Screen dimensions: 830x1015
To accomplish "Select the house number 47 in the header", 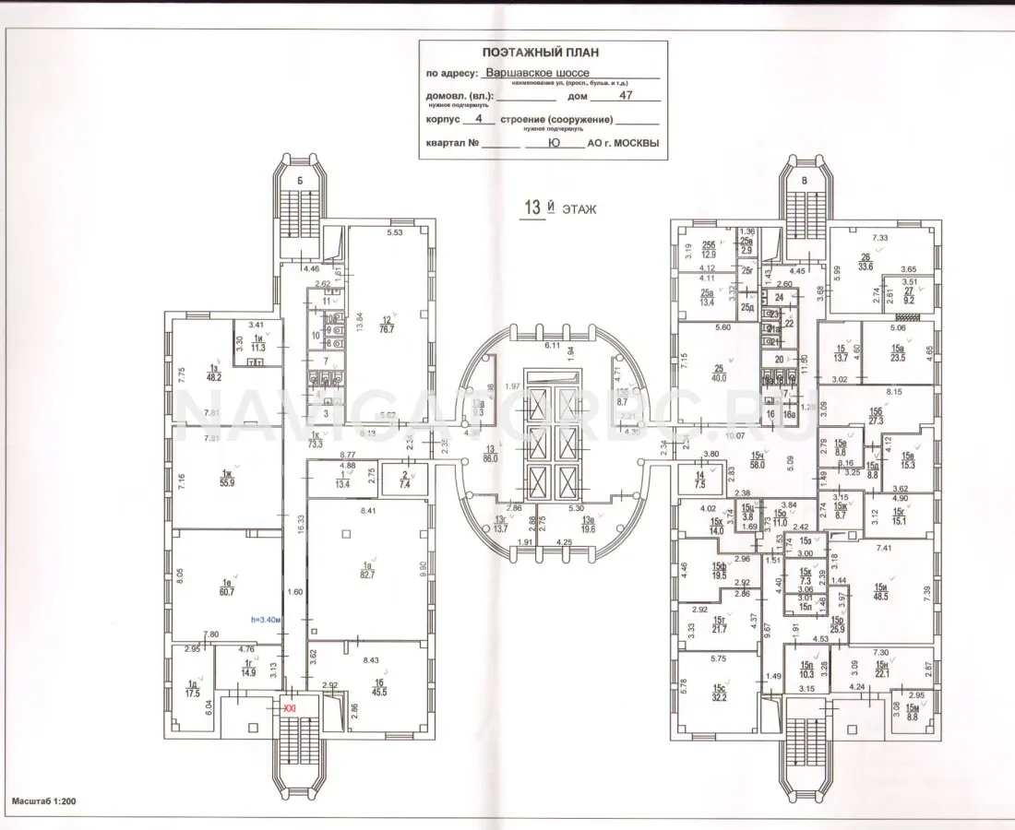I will pyautogui.click(x=624, y=94).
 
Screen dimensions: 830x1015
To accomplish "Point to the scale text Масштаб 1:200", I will pyautogui.click(x=44, y=802).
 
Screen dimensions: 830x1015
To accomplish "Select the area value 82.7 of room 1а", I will pyautogui.click(x=366, y=575).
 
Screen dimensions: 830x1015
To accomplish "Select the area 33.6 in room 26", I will pyautogui.click(x=865, y=268).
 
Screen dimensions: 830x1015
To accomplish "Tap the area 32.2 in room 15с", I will pyautogui.click(x=719, y=698).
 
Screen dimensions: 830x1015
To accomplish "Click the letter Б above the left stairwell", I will pyautogui.click(x=301, y=181).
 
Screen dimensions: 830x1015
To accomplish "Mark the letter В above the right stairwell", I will pyautogui.click(x=805, y=181).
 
